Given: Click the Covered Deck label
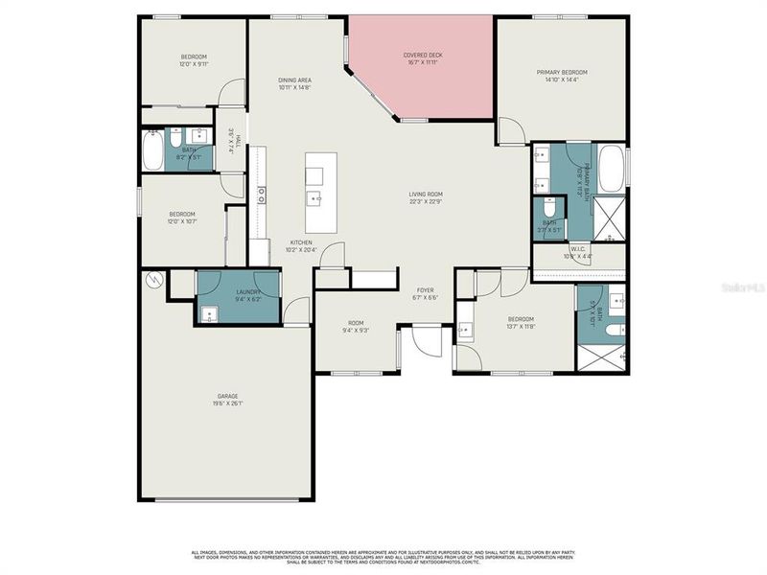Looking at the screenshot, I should point(422,56).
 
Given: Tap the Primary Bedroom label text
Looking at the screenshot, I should point(561,72).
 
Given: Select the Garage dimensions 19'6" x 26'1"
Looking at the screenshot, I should point(227,402).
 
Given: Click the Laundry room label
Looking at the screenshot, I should point(238,292).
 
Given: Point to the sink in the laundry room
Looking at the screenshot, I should point(209,312).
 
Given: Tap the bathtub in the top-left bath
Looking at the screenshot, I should point(152,150).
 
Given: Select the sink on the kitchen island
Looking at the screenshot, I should point(314,198).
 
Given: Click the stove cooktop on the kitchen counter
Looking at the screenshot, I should point(261,195).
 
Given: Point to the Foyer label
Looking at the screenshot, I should point(425,290).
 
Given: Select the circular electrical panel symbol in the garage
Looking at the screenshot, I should point(151,281).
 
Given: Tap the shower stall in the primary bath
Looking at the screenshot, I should point(610,219).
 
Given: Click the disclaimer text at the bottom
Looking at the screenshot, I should point(383,556).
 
